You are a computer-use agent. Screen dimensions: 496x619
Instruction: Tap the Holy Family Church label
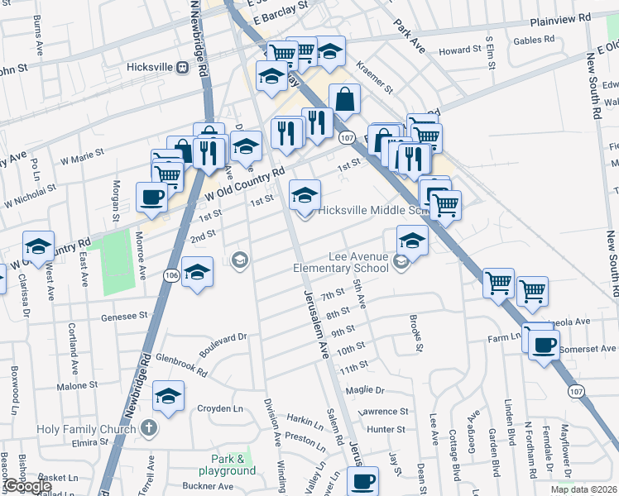click(x=86, y=429)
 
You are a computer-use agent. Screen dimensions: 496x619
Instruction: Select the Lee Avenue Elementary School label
click(x=342, y=262)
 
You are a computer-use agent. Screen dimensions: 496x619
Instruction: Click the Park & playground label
click(x=233, y=465)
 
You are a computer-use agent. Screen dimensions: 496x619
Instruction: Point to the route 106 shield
click(x=170, y=275)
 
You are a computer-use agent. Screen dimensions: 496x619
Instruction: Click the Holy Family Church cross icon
click(x=148, y=428)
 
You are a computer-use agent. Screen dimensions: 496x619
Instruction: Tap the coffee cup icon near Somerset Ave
click(x=544, y=345)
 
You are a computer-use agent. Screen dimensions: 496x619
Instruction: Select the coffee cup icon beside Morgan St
click(x=151, y=197)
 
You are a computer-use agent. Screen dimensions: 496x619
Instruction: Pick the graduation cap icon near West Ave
click(x=38, y=246)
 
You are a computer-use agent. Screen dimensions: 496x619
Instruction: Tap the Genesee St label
click(x=124, y=316)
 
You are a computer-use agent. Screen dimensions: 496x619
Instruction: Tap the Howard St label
click(x=460, y=50)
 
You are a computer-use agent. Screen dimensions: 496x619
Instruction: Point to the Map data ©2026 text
click(x=583, y=489)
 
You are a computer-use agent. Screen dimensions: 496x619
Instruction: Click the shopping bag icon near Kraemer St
click(x=344, y=100)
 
